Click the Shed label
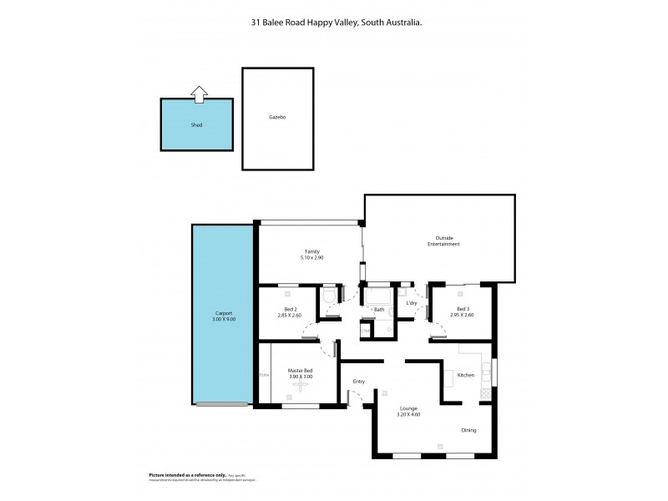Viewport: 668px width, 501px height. tap(196, 124)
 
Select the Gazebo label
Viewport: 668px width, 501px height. tap(278, 119)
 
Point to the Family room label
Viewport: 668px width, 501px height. tap(312, 250)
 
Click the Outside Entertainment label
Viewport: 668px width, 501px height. tap(440, 241)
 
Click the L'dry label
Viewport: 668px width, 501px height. tap(411, 302)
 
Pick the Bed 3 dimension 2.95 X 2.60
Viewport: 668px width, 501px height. tap(462, 315)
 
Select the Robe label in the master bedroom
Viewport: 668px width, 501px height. tap(264, 375)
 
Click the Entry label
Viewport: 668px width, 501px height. tap(359, 382)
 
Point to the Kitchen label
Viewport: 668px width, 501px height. tap(466, 375)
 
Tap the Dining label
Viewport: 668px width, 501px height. tap(469, 431)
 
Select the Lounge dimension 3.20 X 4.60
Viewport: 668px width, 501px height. tap(408, 415)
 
